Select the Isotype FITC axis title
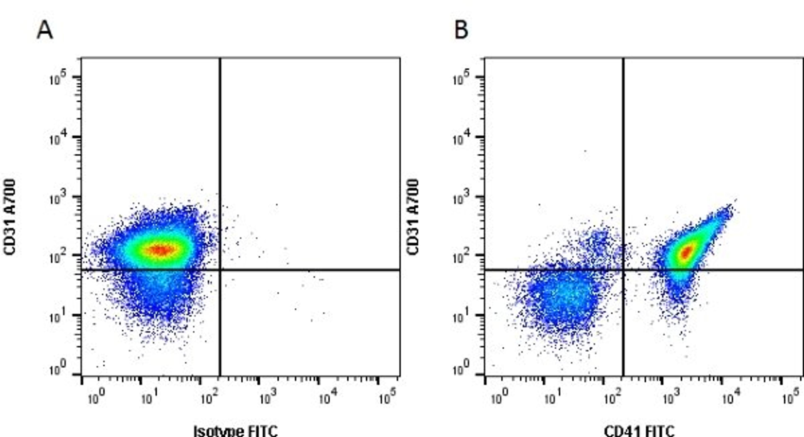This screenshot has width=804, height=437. click(x=236, y=431)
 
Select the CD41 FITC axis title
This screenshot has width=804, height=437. click(x=639, y=431)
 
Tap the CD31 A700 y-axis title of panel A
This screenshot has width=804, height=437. click(x=10, y=217)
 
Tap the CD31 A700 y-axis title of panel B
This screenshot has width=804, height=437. click(x=413, y=217)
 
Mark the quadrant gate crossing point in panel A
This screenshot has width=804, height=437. click(x=220, y=269)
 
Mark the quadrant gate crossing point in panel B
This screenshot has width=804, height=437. click(x=624, y=269)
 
